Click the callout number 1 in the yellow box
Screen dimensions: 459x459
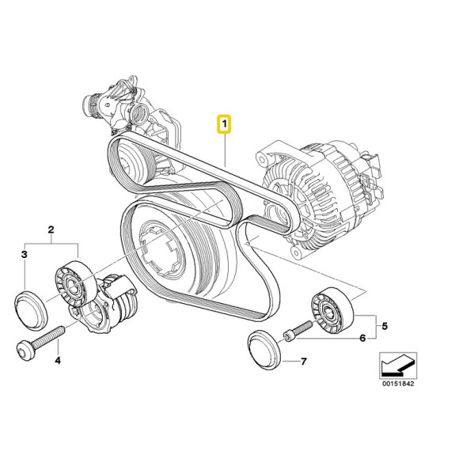pos(225,124)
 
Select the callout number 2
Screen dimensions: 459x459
pos(51,231)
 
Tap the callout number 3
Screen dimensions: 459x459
pos(25,254)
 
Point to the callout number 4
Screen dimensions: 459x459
pos(56,360)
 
